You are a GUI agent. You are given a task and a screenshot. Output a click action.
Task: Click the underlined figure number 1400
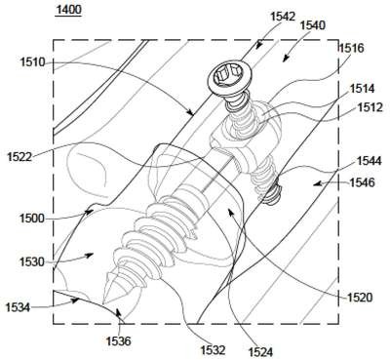(68, 10)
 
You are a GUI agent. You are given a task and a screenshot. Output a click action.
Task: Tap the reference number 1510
(33, 62)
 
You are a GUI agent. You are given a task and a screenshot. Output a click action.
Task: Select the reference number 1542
(283, 17)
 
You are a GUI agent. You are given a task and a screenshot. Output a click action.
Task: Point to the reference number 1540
(313, 25)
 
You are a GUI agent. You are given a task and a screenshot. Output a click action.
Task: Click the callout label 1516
(351, 49)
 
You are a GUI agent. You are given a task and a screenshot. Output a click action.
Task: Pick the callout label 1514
(363, 88)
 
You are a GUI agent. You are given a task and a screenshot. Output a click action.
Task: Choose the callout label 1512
(370, 107)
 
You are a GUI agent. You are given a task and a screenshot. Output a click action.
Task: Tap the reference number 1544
(369, 161)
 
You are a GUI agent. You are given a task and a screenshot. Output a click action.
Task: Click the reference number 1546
(362, 182)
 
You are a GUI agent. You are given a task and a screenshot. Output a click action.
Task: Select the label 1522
(19, 157)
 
